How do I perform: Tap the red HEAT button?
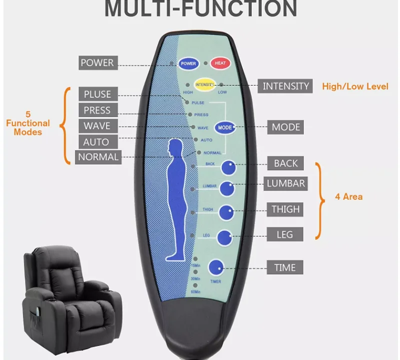220,64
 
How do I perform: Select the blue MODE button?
225,127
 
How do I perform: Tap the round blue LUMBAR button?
227,188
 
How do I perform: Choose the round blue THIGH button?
226,212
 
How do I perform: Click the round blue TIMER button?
216,267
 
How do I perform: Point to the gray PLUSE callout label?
97,94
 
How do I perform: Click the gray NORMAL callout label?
98,157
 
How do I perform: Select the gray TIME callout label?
285,268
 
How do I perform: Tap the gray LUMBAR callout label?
285,183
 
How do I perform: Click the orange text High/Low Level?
355,87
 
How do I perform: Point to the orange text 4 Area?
348,197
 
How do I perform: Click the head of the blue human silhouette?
175,147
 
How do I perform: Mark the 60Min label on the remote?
195,292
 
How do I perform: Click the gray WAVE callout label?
97,126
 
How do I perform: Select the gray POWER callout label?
97,63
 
